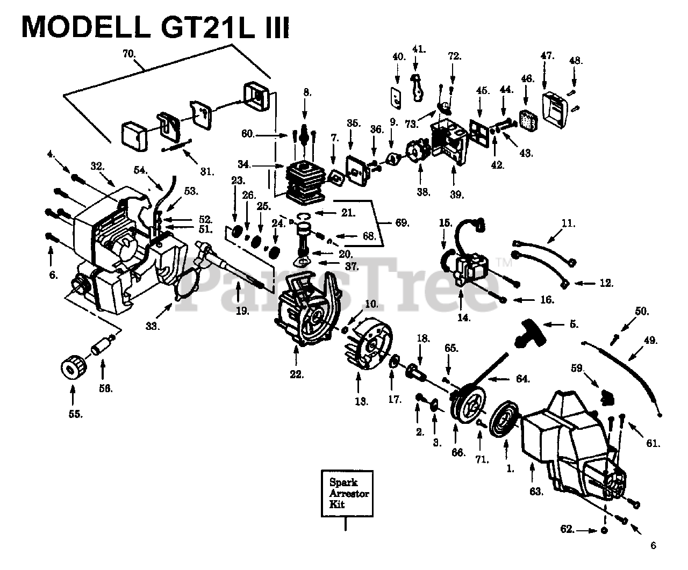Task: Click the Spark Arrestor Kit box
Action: pyautogui.click(x=346, y=493)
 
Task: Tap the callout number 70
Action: pyautogui.click(x=128, y=53)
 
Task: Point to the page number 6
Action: pyautogui.click(x=653, y=546)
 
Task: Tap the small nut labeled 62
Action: pyautogui.click(x=603, y=530)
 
